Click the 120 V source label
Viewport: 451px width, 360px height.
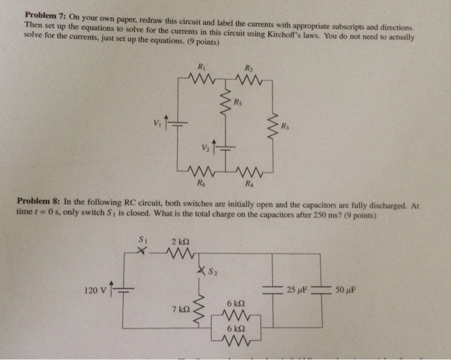(x=95, y=290)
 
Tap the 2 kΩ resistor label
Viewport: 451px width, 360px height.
(x=179, y=242)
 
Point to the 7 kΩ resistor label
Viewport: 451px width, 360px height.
(x=180, y=310)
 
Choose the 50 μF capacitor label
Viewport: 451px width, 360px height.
(x=344, y=290)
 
